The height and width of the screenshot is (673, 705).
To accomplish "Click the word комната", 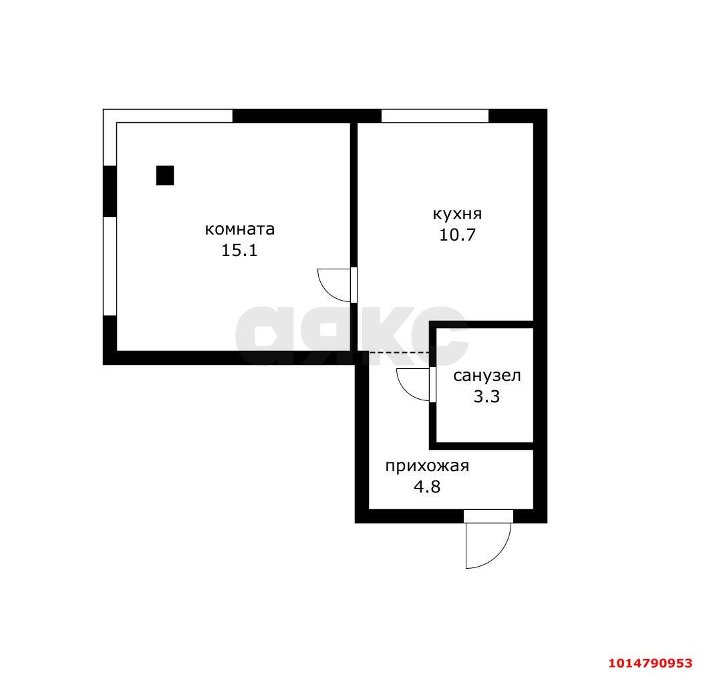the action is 240,229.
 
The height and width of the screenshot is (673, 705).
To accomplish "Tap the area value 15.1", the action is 239,251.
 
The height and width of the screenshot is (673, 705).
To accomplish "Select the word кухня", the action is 457,214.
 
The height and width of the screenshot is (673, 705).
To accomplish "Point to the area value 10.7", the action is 457,235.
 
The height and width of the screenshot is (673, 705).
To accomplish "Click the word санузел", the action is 487,376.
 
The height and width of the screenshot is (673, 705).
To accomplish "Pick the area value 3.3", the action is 487,396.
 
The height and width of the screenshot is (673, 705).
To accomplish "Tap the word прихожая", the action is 427,466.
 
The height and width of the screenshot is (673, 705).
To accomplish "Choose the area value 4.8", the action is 427,487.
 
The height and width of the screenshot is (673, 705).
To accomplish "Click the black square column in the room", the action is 165,175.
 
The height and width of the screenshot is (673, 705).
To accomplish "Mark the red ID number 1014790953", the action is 650,663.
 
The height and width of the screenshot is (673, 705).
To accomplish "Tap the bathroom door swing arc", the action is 406,391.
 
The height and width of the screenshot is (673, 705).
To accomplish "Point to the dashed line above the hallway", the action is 399,353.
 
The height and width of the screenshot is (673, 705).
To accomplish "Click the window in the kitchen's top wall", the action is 435,116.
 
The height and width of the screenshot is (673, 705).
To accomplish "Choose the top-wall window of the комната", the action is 168,116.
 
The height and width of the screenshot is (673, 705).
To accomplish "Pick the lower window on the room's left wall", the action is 110,266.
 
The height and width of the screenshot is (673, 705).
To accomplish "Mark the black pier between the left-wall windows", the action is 110,191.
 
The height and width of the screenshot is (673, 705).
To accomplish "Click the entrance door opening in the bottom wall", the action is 488,516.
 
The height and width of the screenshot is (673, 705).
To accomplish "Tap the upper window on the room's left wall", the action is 110,138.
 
